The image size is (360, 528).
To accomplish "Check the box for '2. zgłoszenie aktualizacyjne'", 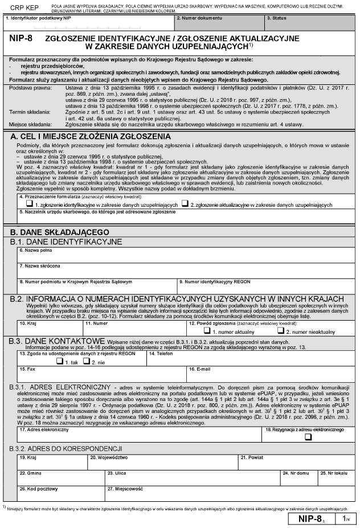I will pos(185,203).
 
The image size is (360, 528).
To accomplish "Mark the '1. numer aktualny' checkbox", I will pos(200,330).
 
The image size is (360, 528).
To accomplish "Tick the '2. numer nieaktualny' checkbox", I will pos(280,330).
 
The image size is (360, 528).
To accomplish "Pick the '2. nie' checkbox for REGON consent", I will pos(87,361).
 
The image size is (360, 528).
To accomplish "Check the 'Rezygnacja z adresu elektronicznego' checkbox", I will pos(308,437).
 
